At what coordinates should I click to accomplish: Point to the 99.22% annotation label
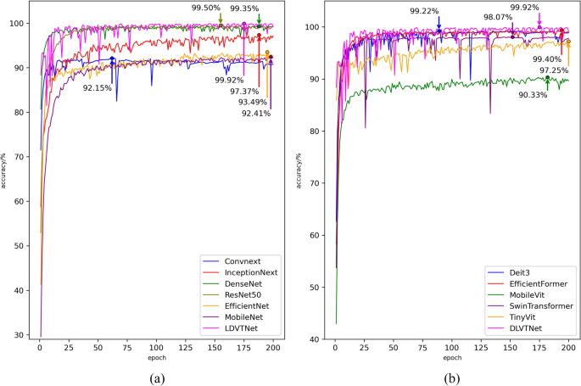tap(424, 11)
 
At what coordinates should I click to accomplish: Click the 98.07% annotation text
tap(498, 17)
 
